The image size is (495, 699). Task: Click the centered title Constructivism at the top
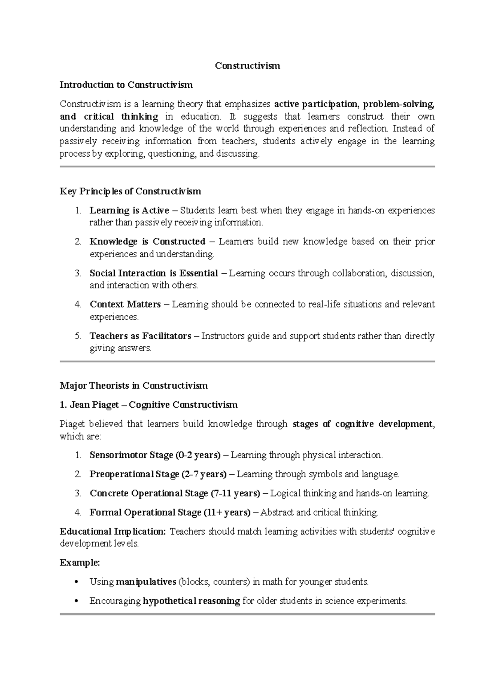pos(247,66)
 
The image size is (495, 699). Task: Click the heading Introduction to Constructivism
pos(126,85)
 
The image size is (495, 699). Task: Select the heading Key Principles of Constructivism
pos(130,191)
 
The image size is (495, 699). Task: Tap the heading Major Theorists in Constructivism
pos(134,386)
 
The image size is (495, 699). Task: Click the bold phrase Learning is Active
pos(129,211)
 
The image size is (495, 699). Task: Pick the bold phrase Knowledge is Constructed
pos(147,242)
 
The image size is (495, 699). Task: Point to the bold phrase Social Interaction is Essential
pos(153,273)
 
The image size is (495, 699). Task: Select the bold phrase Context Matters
pos(125,305)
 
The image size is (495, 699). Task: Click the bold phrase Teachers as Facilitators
pos(140,336)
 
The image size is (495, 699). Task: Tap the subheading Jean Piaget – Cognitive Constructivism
pos(148,405)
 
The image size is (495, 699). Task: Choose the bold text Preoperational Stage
pos(134,474)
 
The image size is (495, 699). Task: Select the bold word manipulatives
pos(146,582)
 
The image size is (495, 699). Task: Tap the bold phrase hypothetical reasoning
pos(191,601)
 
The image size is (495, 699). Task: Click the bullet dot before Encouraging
pos(75,601)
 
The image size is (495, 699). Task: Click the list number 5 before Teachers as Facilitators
pos(78,336)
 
